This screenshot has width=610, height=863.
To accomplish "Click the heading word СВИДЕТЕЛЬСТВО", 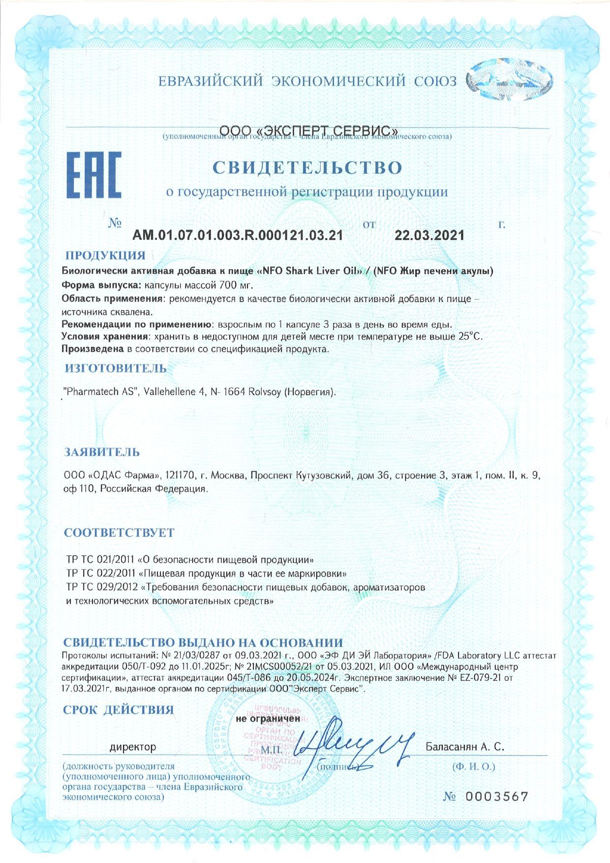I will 307,168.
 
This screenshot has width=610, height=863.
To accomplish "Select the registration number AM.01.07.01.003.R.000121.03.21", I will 238,235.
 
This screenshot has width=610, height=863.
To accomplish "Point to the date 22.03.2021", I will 429,235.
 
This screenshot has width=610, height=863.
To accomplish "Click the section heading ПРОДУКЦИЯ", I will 105,255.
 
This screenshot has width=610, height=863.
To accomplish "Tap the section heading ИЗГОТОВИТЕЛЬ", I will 116,368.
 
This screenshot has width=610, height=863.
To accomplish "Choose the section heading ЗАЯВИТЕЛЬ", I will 102,452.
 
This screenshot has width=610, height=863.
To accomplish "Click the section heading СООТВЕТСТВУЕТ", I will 119,533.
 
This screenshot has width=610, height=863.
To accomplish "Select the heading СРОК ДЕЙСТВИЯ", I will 118,709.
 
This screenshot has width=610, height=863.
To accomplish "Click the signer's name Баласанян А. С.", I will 465,747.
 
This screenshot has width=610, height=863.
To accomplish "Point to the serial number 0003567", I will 496,797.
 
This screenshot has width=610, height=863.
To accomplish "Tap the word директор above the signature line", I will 132,747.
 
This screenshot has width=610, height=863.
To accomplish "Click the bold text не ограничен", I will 268,718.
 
